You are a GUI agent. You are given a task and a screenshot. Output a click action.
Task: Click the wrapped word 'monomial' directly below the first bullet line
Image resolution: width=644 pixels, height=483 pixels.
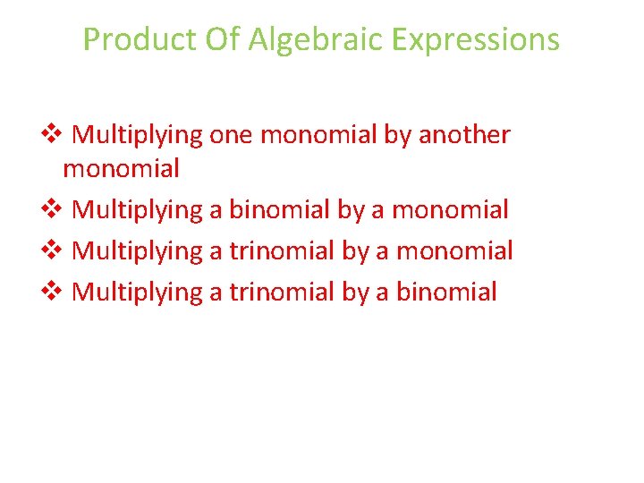click(x=121, y=168)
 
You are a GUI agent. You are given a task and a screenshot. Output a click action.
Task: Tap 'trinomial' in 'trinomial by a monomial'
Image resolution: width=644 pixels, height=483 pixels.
click(x=281, y=251)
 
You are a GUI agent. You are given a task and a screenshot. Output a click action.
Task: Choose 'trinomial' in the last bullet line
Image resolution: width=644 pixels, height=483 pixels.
click(x=281, y=292)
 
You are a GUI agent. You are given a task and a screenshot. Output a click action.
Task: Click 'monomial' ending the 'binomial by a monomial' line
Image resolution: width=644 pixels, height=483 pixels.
click(x=451, y=210)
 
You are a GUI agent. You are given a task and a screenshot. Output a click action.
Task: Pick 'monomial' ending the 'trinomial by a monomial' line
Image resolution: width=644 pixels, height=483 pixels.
click(x=454, y=251)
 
